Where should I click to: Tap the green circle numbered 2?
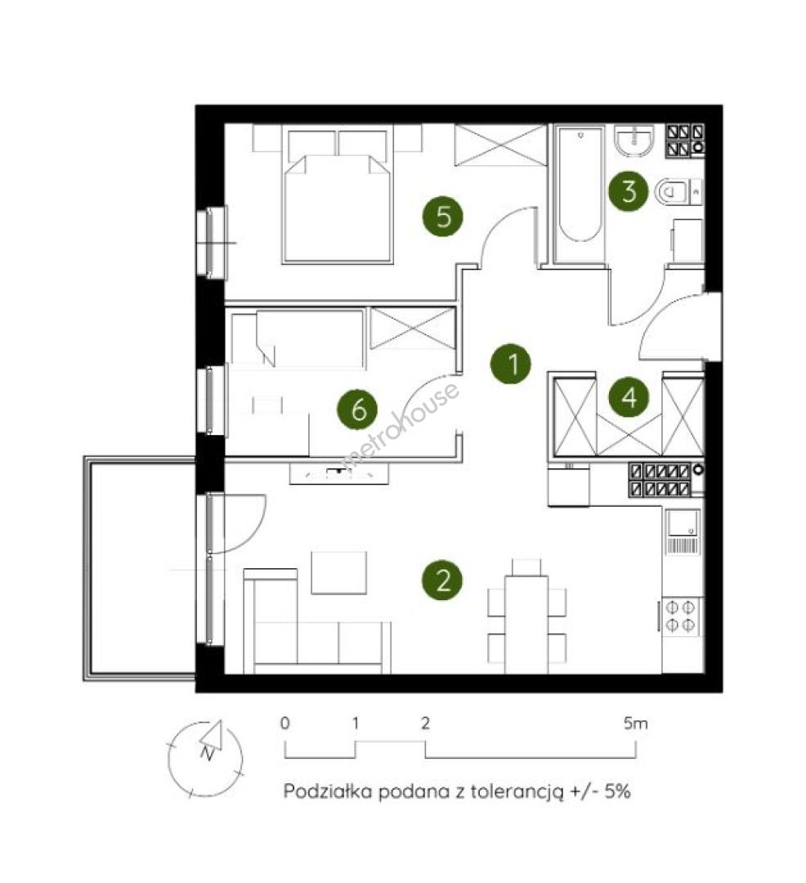click(443, 580)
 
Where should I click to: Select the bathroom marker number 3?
click(629, 190)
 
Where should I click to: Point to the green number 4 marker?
click(629, 397)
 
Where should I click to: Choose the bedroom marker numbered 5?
click(443, 215)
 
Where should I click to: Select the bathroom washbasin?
click(634, 140)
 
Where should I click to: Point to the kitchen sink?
click(683, 531)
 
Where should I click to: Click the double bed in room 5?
click(338, 196)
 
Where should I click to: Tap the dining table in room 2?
click(526, 624)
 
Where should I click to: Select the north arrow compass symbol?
click(207, 757)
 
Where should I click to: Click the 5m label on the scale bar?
click(635, 723)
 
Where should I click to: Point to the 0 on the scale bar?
click(284, 723)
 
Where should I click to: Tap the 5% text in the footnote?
click(617, 791)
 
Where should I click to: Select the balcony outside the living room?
click(140, 568)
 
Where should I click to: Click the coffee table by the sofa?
click(339, 572)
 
